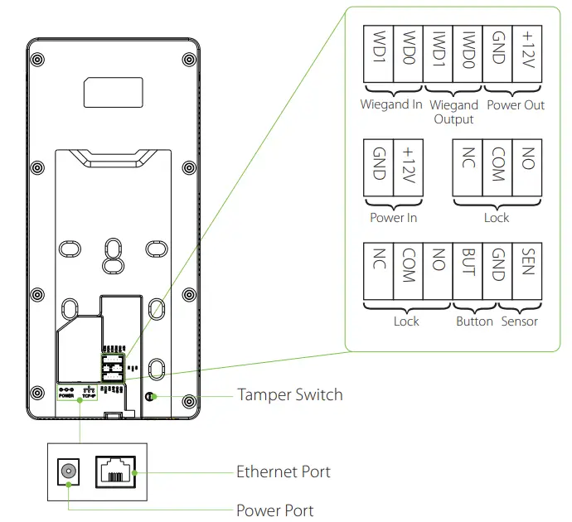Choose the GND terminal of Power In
click(x=378, y=167)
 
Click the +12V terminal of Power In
click(x=408, y=167)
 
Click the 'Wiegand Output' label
click(x=454, y=112)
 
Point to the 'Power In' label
click(x=393, y=218)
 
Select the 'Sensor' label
click(x=520, y=321)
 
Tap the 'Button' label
click(x=475, y=321)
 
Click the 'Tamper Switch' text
click(x=289, y=395)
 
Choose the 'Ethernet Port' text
click(x=284, y=472)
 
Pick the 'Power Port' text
click(x=275, y=510)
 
